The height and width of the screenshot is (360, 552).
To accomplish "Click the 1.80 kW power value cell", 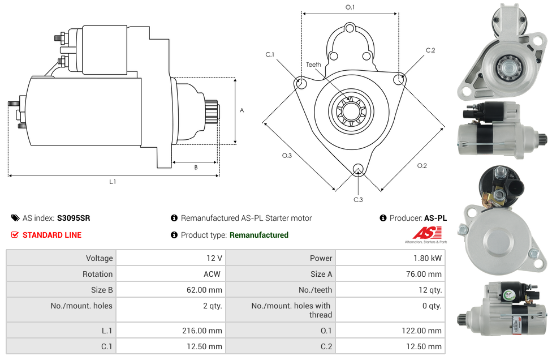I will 429,258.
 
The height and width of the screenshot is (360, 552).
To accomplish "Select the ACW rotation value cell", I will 213,274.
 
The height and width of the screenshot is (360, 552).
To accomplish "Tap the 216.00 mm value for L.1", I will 206,331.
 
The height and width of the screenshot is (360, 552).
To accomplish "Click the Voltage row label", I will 99,258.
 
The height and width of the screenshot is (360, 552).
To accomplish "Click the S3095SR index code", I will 74,218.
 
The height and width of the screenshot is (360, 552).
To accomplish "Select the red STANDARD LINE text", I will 52,235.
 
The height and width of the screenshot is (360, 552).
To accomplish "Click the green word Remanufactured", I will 258,235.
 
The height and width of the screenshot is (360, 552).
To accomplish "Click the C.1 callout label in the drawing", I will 270,55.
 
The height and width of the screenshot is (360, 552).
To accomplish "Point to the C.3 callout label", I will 358,199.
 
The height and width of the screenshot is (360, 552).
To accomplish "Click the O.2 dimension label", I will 422,165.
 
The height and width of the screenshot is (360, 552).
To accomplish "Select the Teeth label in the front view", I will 313,65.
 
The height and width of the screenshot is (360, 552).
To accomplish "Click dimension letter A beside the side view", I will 242,110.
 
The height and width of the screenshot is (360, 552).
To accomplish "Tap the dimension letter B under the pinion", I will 196,168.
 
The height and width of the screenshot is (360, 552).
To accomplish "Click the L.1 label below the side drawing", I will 113,182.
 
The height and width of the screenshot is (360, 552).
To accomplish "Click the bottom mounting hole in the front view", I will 357,169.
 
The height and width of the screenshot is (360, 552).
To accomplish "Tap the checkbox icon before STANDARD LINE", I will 15,235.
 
